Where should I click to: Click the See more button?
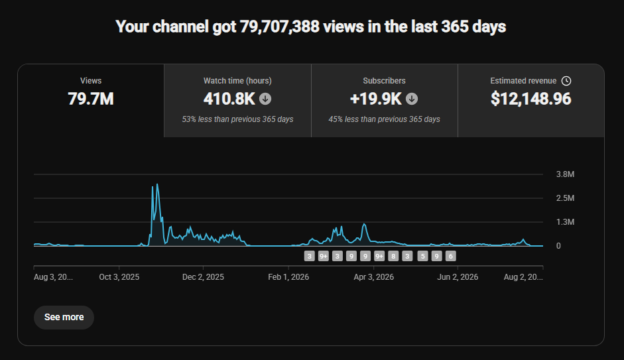[64, 317]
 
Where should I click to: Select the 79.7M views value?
[91, 99]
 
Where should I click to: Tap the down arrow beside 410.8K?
[265, 99]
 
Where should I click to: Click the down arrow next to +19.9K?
[412, 99]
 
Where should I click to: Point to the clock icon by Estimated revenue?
[566, 81]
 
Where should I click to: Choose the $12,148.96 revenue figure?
[531, 99]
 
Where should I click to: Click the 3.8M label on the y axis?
[565, 174]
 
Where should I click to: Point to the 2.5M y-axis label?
[565, 198]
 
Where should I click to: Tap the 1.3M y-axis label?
[565, 222]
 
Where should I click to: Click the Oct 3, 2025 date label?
[119, 277]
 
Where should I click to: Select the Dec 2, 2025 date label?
[203, 277]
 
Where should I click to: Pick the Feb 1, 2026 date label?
[288, 277]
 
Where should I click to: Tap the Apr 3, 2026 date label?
[374, 277]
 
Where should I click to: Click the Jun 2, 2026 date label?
[458, 277]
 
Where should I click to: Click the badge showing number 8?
[393, 256]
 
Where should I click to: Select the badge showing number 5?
[422, 256]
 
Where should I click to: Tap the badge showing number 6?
[450, 256]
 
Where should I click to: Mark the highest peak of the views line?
[157, 184]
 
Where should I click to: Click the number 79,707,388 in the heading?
[279, 27]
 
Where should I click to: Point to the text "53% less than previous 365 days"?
[237, 119]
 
